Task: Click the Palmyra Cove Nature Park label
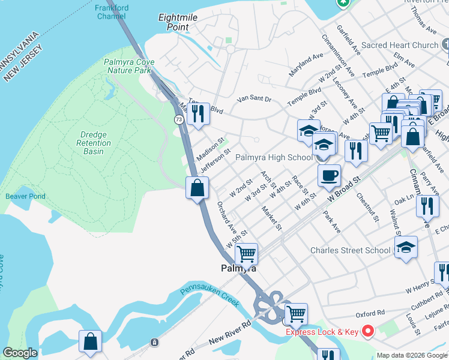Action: tap(128, 66)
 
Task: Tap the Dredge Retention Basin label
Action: tap(94, 143)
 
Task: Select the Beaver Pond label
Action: tap(25, 196)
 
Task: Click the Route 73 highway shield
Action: tap(179, 120)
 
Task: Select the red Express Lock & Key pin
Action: tap(367, 331)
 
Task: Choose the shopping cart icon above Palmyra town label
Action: tap(246, 254)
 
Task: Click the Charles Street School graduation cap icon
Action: tap(406, 247)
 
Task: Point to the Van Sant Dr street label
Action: tap(254, 98)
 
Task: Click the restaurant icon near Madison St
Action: tap(198, 113)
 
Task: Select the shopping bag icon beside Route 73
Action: tap(197, 188)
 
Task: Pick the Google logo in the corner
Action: tap(20, 353)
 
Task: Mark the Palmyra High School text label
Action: tap(274, 157)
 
